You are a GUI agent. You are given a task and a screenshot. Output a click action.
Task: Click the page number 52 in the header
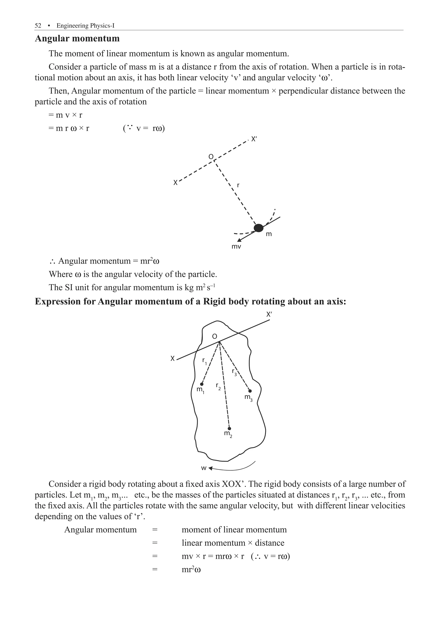38,26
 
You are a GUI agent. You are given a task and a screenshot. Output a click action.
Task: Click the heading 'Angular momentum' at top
77,39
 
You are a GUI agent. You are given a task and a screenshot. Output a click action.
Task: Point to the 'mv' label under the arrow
236,247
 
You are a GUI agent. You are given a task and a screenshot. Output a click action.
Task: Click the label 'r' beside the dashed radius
238,185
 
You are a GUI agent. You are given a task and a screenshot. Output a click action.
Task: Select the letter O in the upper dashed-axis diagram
211,157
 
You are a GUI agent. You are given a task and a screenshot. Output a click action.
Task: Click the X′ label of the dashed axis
254,139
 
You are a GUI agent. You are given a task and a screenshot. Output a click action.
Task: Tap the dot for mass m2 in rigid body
229,428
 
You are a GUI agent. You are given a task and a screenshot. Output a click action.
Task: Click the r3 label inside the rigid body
234,372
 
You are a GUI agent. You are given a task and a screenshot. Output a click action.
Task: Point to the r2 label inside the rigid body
218,386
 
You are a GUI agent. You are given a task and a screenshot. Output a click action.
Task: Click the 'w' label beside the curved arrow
204,468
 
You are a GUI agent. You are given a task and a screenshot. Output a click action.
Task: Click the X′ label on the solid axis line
269,314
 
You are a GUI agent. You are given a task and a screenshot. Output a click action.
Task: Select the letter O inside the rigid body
215,337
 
